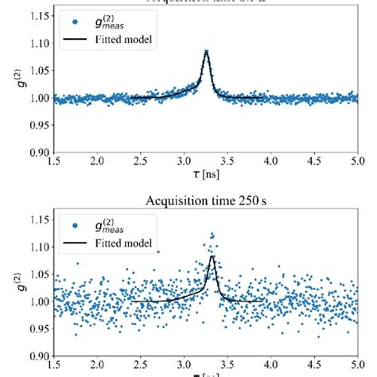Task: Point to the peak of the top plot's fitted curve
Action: pyautogui.click(x=207, y=52)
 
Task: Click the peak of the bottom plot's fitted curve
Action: pyautogui.click(x=212, y=255)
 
